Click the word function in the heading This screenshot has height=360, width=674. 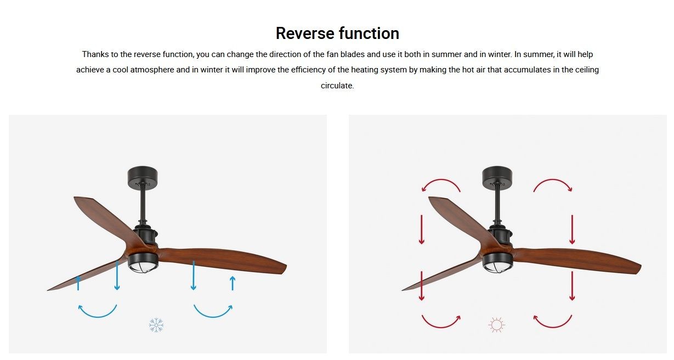(x=369, y=33)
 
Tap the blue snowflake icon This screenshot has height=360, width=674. (x=156, y=325)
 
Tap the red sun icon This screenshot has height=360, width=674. (x=496, y=325)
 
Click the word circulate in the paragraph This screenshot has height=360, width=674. (x=337, y=86)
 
